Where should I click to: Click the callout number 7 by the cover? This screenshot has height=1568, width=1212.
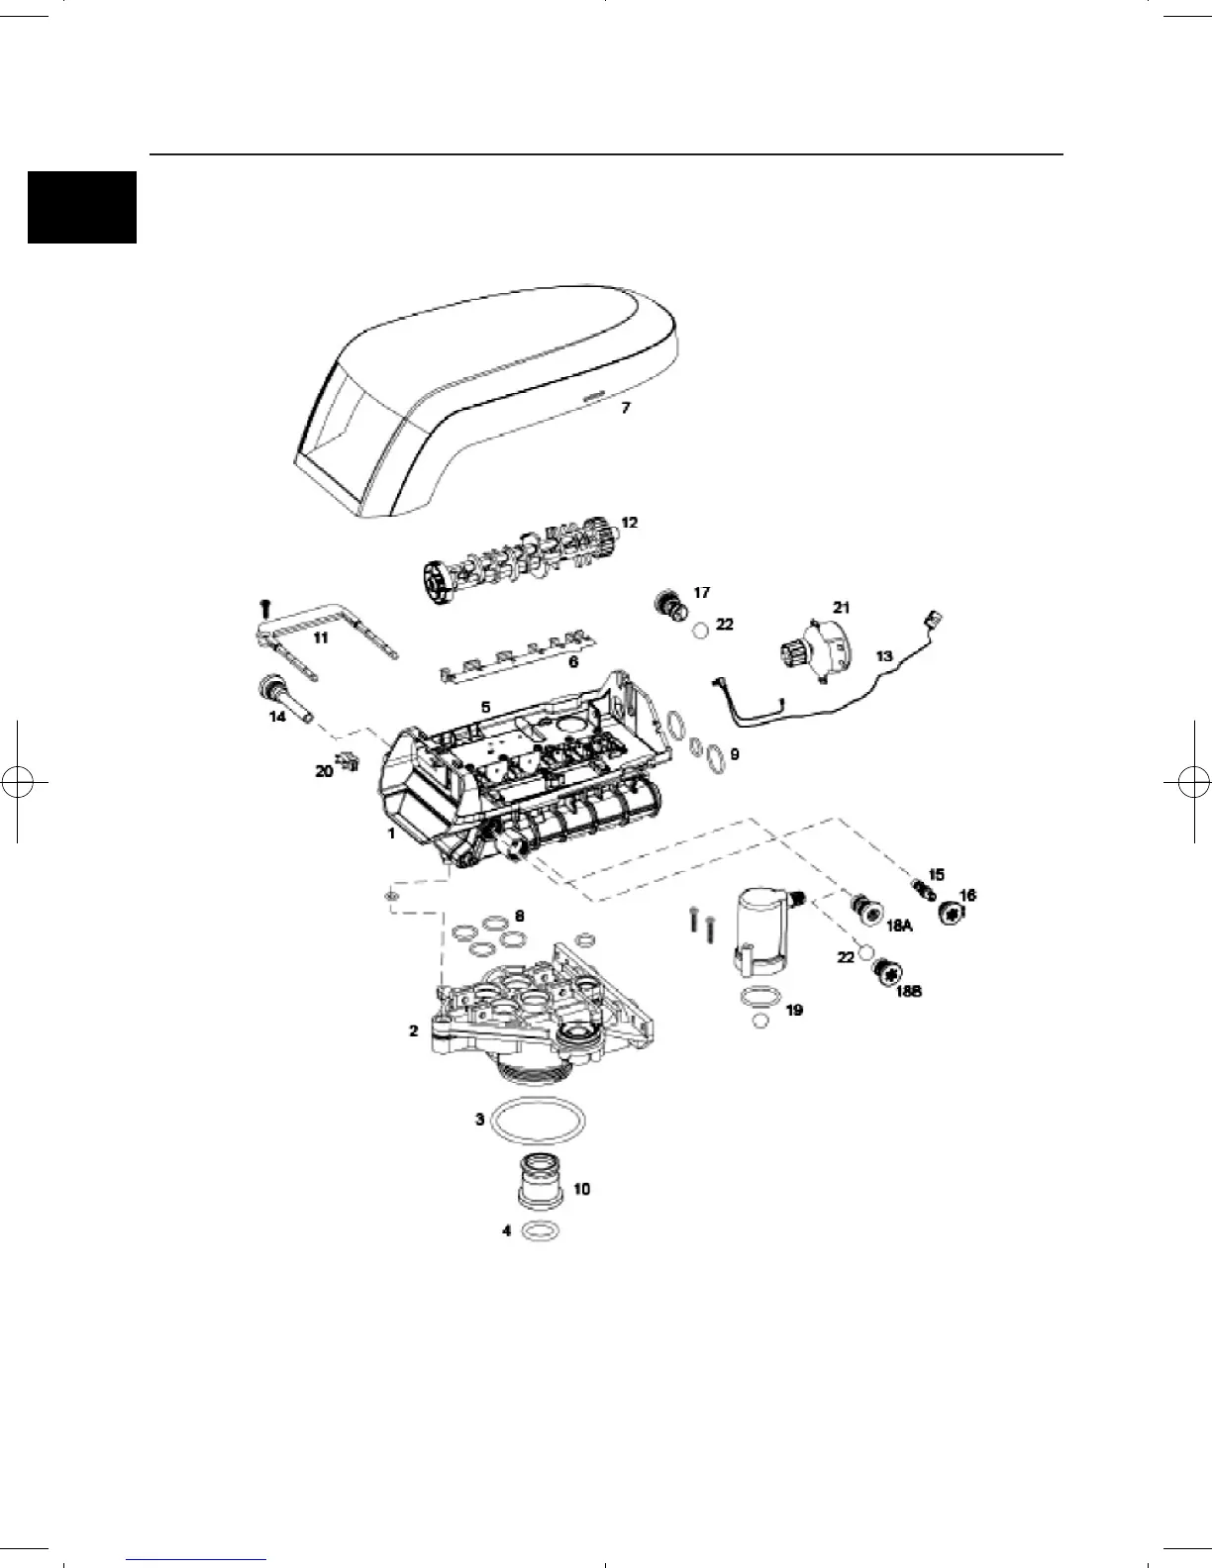click(625, 407)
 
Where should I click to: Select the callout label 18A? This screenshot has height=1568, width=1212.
click(898, 925)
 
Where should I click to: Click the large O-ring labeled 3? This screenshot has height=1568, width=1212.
click(538, 1122)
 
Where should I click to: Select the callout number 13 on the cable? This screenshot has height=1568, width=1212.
click(884, 655)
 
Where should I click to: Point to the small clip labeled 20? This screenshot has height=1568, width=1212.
click(347, 763)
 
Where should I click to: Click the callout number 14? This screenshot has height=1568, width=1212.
click(278, 715)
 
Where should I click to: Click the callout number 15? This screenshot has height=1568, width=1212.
click(936, 874)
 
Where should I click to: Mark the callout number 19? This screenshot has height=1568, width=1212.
click(794, 1010)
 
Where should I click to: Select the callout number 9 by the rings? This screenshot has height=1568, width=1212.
click(734, 753)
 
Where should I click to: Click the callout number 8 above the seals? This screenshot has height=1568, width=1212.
click(520, 917)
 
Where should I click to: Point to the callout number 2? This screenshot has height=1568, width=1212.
click(413, 1030)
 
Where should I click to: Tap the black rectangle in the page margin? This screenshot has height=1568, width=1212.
click(81, 207)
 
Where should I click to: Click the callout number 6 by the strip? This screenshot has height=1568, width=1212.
click(572, 662)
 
